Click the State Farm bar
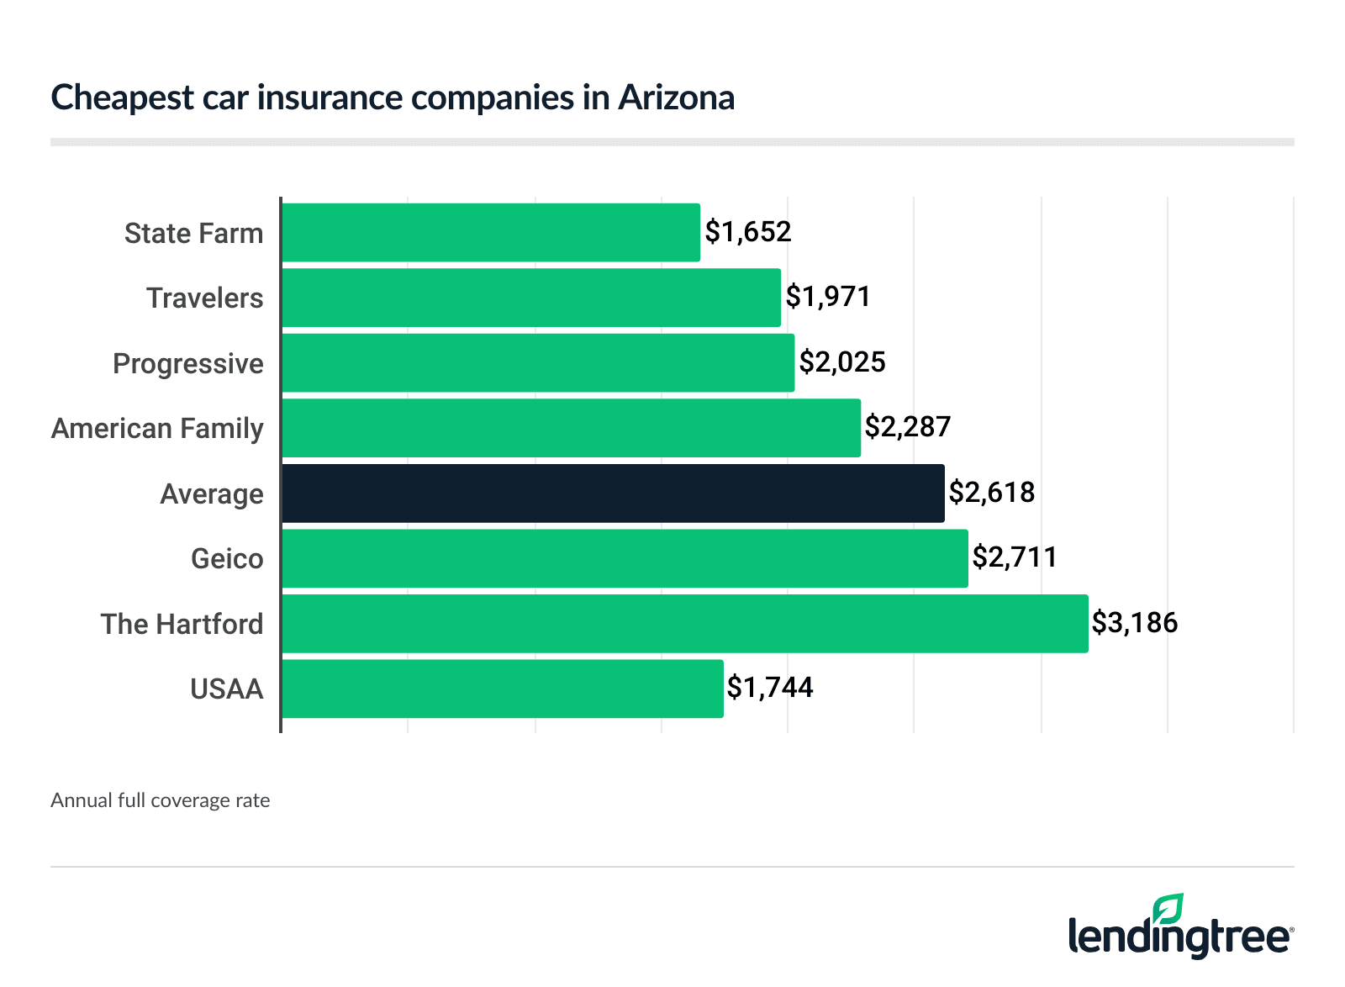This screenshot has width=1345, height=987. [x=491, y=232]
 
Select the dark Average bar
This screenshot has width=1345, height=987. [x=613, y=493]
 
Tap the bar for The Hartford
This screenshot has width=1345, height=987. [x=684, y=624]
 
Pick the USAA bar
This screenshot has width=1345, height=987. [x=502, y=689]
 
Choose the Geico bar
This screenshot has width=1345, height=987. [x=625, y=558]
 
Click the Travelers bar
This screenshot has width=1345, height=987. [x=531, y=298]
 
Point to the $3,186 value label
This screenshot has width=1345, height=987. [x=1135, y=623]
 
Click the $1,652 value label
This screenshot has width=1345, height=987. [x=748, y=232]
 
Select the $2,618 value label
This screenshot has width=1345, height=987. [x=992, y=493]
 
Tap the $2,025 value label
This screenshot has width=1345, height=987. [x=842, y=362]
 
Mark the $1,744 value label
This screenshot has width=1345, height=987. [x=770, y=688]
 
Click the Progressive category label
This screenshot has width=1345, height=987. [x=188, y=364]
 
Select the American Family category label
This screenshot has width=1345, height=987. [x=158, y=429]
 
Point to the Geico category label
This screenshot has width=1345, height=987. [x=227, y=559]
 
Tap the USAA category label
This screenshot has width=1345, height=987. [x=227, y=689]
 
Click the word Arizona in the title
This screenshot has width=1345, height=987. [x=677, y=98]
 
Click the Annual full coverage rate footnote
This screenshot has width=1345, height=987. [x=161, y=800]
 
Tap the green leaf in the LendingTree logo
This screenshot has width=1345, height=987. [x=1168, y=910]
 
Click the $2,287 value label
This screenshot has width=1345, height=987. [x=908, y=427]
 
